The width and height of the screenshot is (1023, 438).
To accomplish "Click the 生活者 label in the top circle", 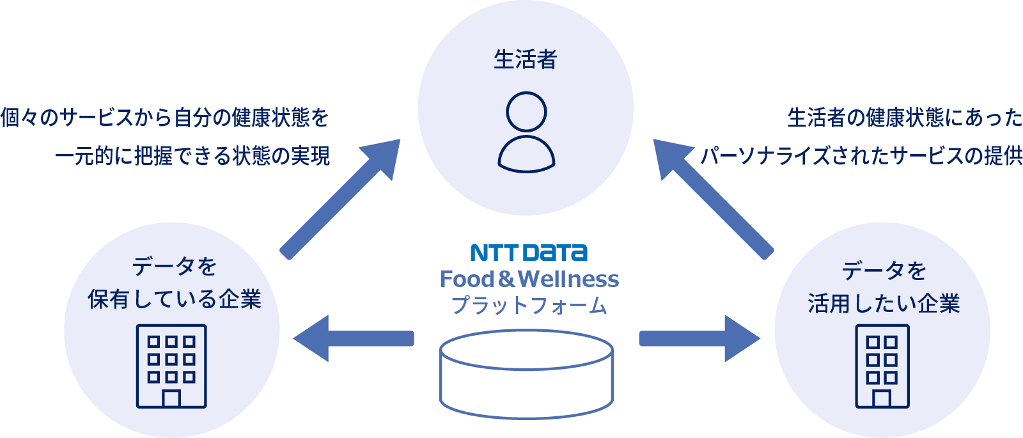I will click(526, 59).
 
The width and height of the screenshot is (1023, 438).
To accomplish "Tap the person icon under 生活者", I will click(526, 132).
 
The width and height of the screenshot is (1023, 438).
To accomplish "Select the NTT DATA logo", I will click(529, 253).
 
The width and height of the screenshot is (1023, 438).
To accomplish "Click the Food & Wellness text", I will click(529, 279).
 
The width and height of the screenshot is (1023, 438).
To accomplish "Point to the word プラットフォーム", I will click(529, 305).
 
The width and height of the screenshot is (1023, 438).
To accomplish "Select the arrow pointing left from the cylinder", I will click(352, 339).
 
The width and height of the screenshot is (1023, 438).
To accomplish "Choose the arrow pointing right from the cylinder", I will click(700, 339).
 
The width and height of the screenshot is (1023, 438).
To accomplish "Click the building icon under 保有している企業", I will click(171, 366).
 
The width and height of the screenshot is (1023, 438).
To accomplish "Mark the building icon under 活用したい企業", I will click(882, 366).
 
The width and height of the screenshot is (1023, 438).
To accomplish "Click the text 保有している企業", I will click(175, 299).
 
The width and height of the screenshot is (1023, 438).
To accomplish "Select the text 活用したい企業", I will click(884, 304).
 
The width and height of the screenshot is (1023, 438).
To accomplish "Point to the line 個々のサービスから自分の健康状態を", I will click(164, 118).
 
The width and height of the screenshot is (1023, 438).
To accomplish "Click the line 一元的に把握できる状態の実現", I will click(192, 155).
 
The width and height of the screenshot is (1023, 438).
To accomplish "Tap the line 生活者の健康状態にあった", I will click(905, 118).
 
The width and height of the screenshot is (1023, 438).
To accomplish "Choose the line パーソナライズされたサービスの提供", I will click(861, 155).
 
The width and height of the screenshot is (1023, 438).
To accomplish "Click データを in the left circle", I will click(175, 266).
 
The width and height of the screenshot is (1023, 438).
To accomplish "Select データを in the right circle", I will click(884, 270).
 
